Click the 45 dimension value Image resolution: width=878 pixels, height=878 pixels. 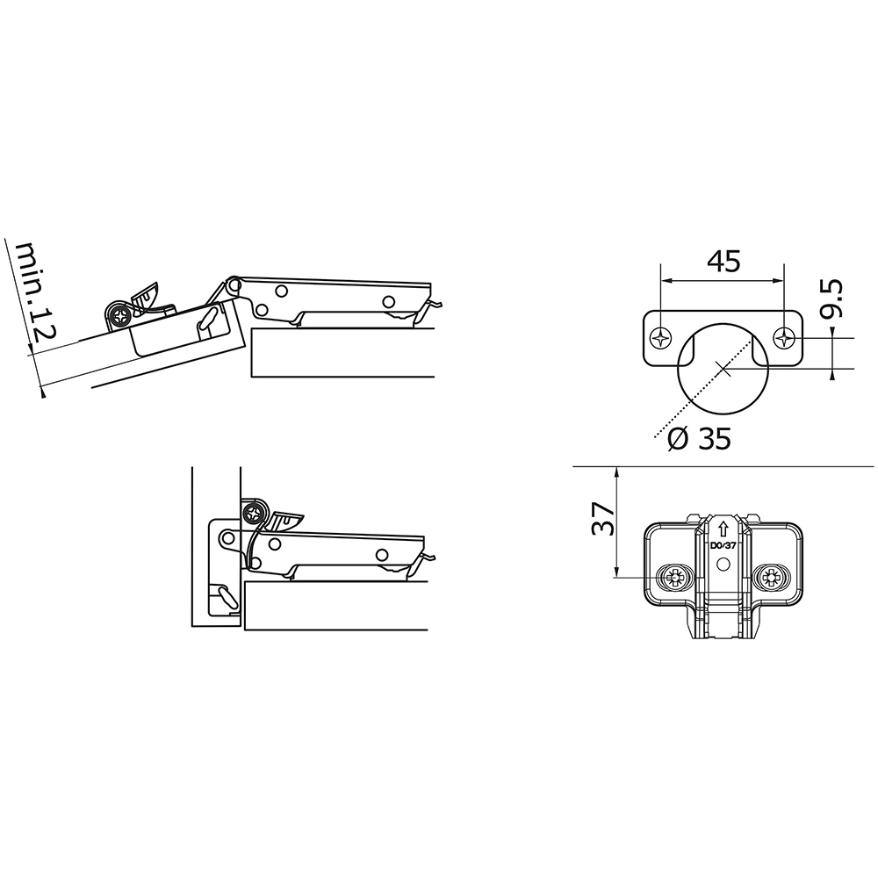pos(723,262)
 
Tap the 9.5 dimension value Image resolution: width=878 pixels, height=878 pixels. pos(831,299)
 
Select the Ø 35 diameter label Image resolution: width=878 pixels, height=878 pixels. pos(700,438)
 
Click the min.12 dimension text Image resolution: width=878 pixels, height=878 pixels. pos(35,291)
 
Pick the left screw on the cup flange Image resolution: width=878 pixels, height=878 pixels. pos(660,338)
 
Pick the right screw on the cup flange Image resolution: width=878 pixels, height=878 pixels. pos(784,338)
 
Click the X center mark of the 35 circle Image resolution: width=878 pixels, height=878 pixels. pos(723,369)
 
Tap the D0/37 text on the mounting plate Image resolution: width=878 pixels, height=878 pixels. pos(723,545)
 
